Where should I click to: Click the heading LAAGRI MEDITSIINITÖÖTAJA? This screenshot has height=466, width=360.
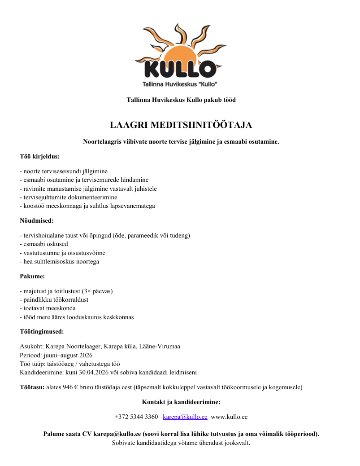click(x=181, y=125)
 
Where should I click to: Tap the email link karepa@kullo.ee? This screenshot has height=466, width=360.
click(x=185, y=417)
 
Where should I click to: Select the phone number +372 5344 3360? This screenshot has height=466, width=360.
click(x=136, y=417)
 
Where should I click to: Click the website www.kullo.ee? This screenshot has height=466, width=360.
click(x=229, y=417)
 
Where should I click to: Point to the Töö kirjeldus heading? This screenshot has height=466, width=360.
click(x=40, y=157)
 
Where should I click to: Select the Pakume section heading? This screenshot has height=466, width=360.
click(x=32, y=277)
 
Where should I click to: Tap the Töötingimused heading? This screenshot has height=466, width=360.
click(x=42, y=332)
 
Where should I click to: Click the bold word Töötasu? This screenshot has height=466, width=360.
click(x=32, y=387)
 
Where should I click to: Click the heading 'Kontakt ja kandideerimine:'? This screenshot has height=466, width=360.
click(x=181, y=402)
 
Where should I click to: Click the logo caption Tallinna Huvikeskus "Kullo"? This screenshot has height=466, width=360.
click(x=180, y=84)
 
